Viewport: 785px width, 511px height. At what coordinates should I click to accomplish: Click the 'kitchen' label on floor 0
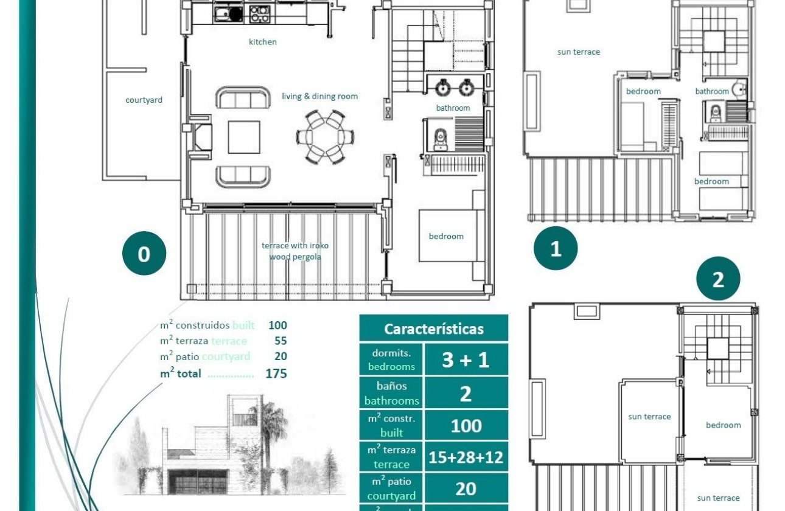(262, 42)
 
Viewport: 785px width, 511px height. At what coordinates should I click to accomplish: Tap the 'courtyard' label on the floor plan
(144, 100)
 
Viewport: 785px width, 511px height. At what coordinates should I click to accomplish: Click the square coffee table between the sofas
(244, 137)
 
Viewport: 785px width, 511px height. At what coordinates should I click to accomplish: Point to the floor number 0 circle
(144, 254)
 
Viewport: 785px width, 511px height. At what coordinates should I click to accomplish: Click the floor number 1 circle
(556, 248)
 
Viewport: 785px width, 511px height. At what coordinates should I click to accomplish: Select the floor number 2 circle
(718, 280)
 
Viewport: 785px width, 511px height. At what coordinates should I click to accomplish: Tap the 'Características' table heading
(433, 329)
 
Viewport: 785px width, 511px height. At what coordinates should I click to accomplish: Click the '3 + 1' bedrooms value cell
(466, 360)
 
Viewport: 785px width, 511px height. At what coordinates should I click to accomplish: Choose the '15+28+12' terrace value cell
(466, 457)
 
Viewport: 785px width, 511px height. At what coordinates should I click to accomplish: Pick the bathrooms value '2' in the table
(466, 393)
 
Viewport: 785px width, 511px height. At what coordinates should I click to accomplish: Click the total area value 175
(276, 374)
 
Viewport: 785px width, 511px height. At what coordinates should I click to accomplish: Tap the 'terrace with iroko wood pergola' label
(295, 251)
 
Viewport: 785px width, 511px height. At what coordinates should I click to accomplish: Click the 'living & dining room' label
(319, 96)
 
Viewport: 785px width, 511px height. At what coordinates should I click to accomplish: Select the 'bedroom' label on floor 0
(446, 236)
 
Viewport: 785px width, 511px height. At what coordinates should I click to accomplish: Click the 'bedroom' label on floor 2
(723, 425)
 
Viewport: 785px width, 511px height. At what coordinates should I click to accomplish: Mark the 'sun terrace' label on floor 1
(578, 52)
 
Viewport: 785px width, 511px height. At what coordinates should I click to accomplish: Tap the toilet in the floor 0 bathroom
(439, 139)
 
